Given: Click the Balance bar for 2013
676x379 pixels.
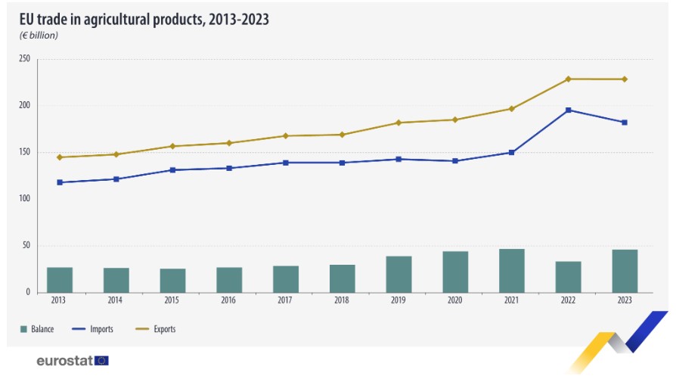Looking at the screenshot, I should (60, 279).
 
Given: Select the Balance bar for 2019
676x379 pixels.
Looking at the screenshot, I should (398, 274).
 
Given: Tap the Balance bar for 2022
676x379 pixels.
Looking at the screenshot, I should (568, 277).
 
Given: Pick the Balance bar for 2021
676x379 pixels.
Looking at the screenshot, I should (512, 271).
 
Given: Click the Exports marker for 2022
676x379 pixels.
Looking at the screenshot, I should (568, 79).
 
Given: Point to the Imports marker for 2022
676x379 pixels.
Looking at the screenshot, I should (568, 110).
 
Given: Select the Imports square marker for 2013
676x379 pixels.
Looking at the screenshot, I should (60, 182).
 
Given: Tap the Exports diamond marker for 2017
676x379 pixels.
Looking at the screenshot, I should (285, 135).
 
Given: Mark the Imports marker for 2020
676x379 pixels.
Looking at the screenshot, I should (455, 160).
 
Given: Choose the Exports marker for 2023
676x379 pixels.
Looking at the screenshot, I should (625, 79).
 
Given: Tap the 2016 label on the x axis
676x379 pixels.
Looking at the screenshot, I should (229, 300).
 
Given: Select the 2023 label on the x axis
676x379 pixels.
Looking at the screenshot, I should (625, 300).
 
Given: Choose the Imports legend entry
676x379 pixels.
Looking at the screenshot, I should (98, 329).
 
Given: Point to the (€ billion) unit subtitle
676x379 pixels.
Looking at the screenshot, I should (39, 36).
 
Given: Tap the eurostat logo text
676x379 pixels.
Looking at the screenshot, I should (64, 361).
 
